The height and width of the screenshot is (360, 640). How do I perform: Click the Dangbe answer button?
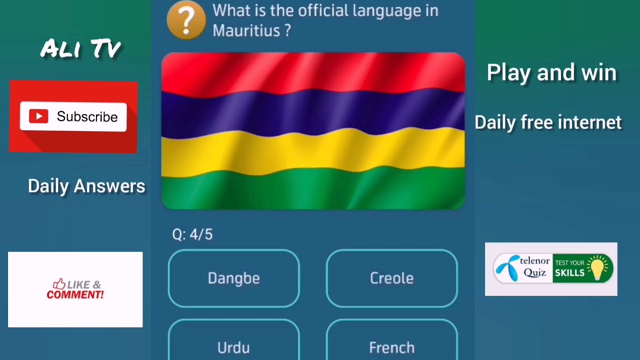pyautogui.click(x=233, y=278)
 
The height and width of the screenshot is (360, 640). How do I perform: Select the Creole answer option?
pyautogui.click(x=391, y=278)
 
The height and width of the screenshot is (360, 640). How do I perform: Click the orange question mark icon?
pyautogui.click(x=186, y=20)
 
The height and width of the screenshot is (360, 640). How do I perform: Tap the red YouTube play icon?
pyautogui.click(x=38, y=116)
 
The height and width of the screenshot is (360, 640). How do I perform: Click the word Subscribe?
pyautogui.click(x=87, y=116)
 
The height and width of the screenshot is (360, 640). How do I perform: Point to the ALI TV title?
pyautogui.click(x=80, y=49)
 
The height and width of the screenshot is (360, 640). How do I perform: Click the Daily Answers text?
pyautogui.click(x=86, y=186)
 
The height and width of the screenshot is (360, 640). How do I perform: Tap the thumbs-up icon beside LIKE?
pyautogui.click(x=59, y=284)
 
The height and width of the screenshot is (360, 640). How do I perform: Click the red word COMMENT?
pyautogui.click(x=75, y=294)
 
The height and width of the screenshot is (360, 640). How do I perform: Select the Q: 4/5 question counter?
pyautogui.click(x=192, y=234)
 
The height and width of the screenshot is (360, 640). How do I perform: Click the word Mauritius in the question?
pyautogui.click(x=246, y=30)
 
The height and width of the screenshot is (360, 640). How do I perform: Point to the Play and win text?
pyautogui.click(x=551, y=72)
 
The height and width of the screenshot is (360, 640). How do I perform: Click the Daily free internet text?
pyautogui.click(x=548, y=122)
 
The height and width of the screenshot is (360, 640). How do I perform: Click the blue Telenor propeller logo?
pyautogui.click(x=506, y=268)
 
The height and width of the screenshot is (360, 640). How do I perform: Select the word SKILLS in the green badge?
pyautogui.click(x=569, y=273)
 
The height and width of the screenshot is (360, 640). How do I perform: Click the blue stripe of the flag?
pyautogui.click(x=313, y=112)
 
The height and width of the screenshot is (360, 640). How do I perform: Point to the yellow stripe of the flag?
pyautogui.click(x=313, y=150)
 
